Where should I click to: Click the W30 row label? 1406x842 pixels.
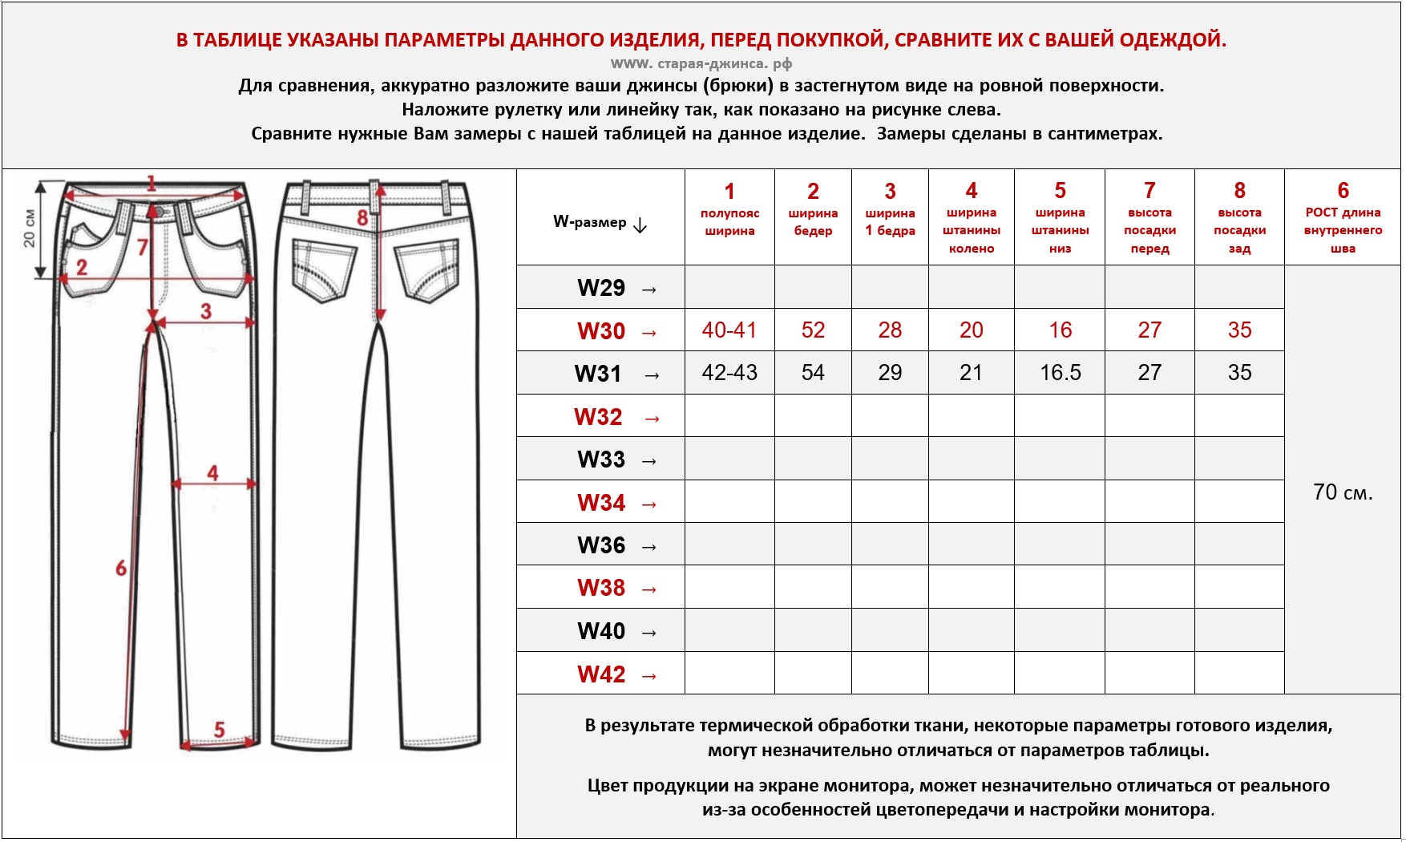coord(601,331)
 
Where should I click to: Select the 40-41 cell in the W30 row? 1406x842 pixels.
coord(729,330)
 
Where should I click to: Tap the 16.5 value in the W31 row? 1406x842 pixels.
coord(1061,373)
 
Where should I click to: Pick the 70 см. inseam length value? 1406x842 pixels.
coord(1343,492)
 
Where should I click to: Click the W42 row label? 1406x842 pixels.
coord(601,674)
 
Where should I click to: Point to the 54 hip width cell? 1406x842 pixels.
coord(813,373)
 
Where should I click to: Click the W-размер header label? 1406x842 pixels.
coord(590,222)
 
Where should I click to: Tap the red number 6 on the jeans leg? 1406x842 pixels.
coord(121,569)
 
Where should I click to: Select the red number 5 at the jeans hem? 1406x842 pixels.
coord(219,730)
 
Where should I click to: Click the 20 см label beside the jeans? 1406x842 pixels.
coord(30,229)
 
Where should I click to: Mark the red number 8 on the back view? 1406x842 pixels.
coord(362,217)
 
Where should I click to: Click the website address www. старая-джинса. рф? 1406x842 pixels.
coord(701,63)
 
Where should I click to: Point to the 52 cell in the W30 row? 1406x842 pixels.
coord(813,330)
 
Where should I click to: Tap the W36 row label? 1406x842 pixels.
coord(601,545)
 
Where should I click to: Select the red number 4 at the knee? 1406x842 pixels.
coord(212,473)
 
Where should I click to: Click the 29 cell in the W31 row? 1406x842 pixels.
coord(890,373)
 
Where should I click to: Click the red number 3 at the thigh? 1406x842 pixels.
coord(206,311)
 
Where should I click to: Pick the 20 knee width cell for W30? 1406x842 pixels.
coord(972,330)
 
